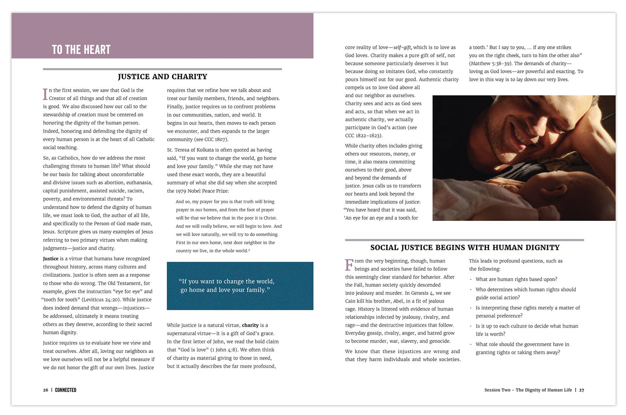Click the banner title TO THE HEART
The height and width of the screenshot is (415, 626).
81,50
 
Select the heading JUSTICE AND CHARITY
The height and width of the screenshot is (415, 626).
162,77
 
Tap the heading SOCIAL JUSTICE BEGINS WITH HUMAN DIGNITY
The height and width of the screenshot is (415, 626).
465,248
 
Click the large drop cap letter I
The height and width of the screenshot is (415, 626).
45,94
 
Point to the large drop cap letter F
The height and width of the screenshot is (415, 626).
349,265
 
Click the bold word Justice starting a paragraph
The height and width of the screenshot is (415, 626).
51,259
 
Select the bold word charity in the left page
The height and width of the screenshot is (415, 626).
250,325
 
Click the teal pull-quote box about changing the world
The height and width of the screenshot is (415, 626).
240,286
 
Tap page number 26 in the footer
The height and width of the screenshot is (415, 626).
45,390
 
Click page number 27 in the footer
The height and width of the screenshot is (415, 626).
581,390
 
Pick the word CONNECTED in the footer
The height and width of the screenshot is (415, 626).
65,390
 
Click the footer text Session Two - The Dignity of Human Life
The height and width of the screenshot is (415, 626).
528,390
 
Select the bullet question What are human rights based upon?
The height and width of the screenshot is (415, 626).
516,279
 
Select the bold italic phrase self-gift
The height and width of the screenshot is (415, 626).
402,48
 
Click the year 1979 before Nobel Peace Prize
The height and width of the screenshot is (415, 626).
181,191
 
